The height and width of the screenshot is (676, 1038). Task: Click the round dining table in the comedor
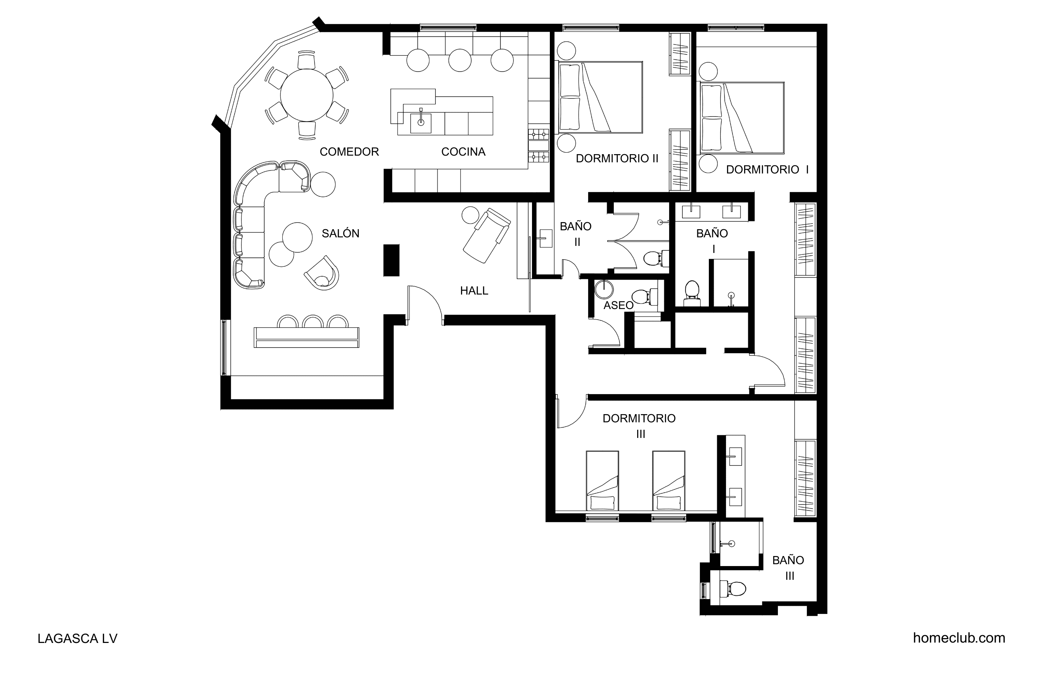pyautogui.click(x=306, y=95)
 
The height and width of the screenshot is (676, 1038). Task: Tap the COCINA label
pyautogui.click(x=463, y=152)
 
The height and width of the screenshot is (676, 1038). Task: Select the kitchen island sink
pyautogui.click(x=421, y=123)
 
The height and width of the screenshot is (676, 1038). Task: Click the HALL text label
pyautogui.click(x=474, y=290)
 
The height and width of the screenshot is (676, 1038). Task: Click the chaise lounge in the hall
pyautogui.click(x=486, y=235)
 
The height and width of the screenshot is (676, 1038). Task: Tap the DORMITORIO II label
pyautogui.click(x=617, y=158)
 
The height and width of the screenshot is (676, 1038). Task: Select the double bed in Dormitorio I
pyautogui.click(x=742, y=118)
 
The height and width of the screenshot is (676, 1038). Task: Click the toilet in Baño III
pyautogui.click(x=732, y=588)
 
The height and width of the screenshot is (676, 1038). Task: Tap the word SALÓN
pyautogui.click(x=341, y=233)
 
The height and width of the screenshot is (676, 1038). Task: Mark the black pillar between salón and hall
pyautogui.click(x=391, y=260)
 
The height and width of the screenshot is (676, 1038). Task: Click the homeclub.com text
pyautogui.click(x=959, y=638)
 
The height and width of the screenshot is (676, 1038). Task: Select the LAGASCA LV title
pyautogui.click(x=78, y=638)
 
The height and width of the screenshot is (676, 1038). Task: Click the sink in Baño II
pyautogui.click(x=546, y=238)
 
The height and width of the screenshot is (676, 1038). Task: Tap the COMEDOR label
pyautogui.click(x=349, y=152)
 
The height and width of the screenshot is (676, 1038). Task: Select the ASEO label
pyautogui.click(x=619, y=305)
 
